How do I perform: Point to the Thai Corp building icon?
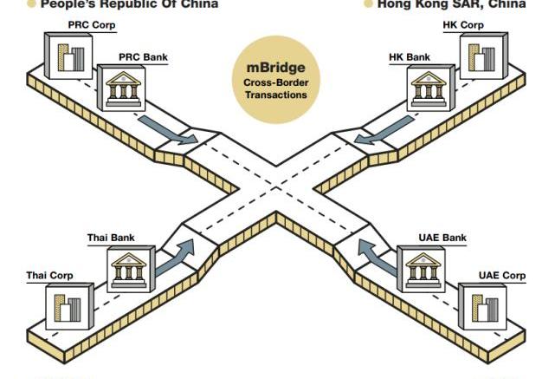coord(67,309)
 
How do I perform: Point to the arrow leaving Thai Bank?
coord(177,255)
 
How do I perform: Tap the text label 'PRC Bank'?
coord(144,57)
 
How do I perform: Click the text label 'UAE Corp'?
coord(501,276)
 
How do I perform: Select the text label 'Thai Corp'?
coord(49,276)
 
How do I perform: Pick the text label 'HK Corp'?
coord(463,25)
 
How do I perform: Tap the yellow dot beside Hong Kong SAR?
coord(368,4)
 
